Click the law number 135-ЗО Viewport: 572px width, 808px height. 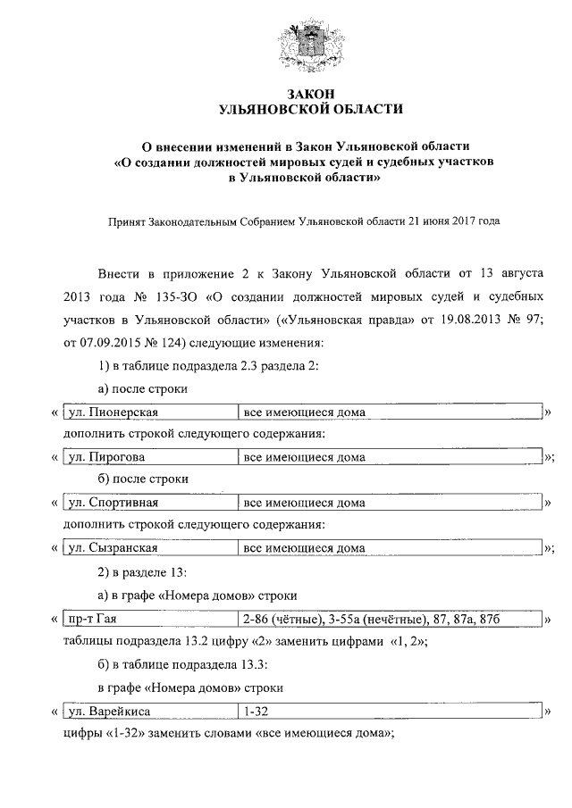pyautogui.click(x=166, y=294)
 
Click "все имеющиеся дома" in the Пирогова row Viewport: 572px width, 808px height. pyautogui.click(x=304, y=456)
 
